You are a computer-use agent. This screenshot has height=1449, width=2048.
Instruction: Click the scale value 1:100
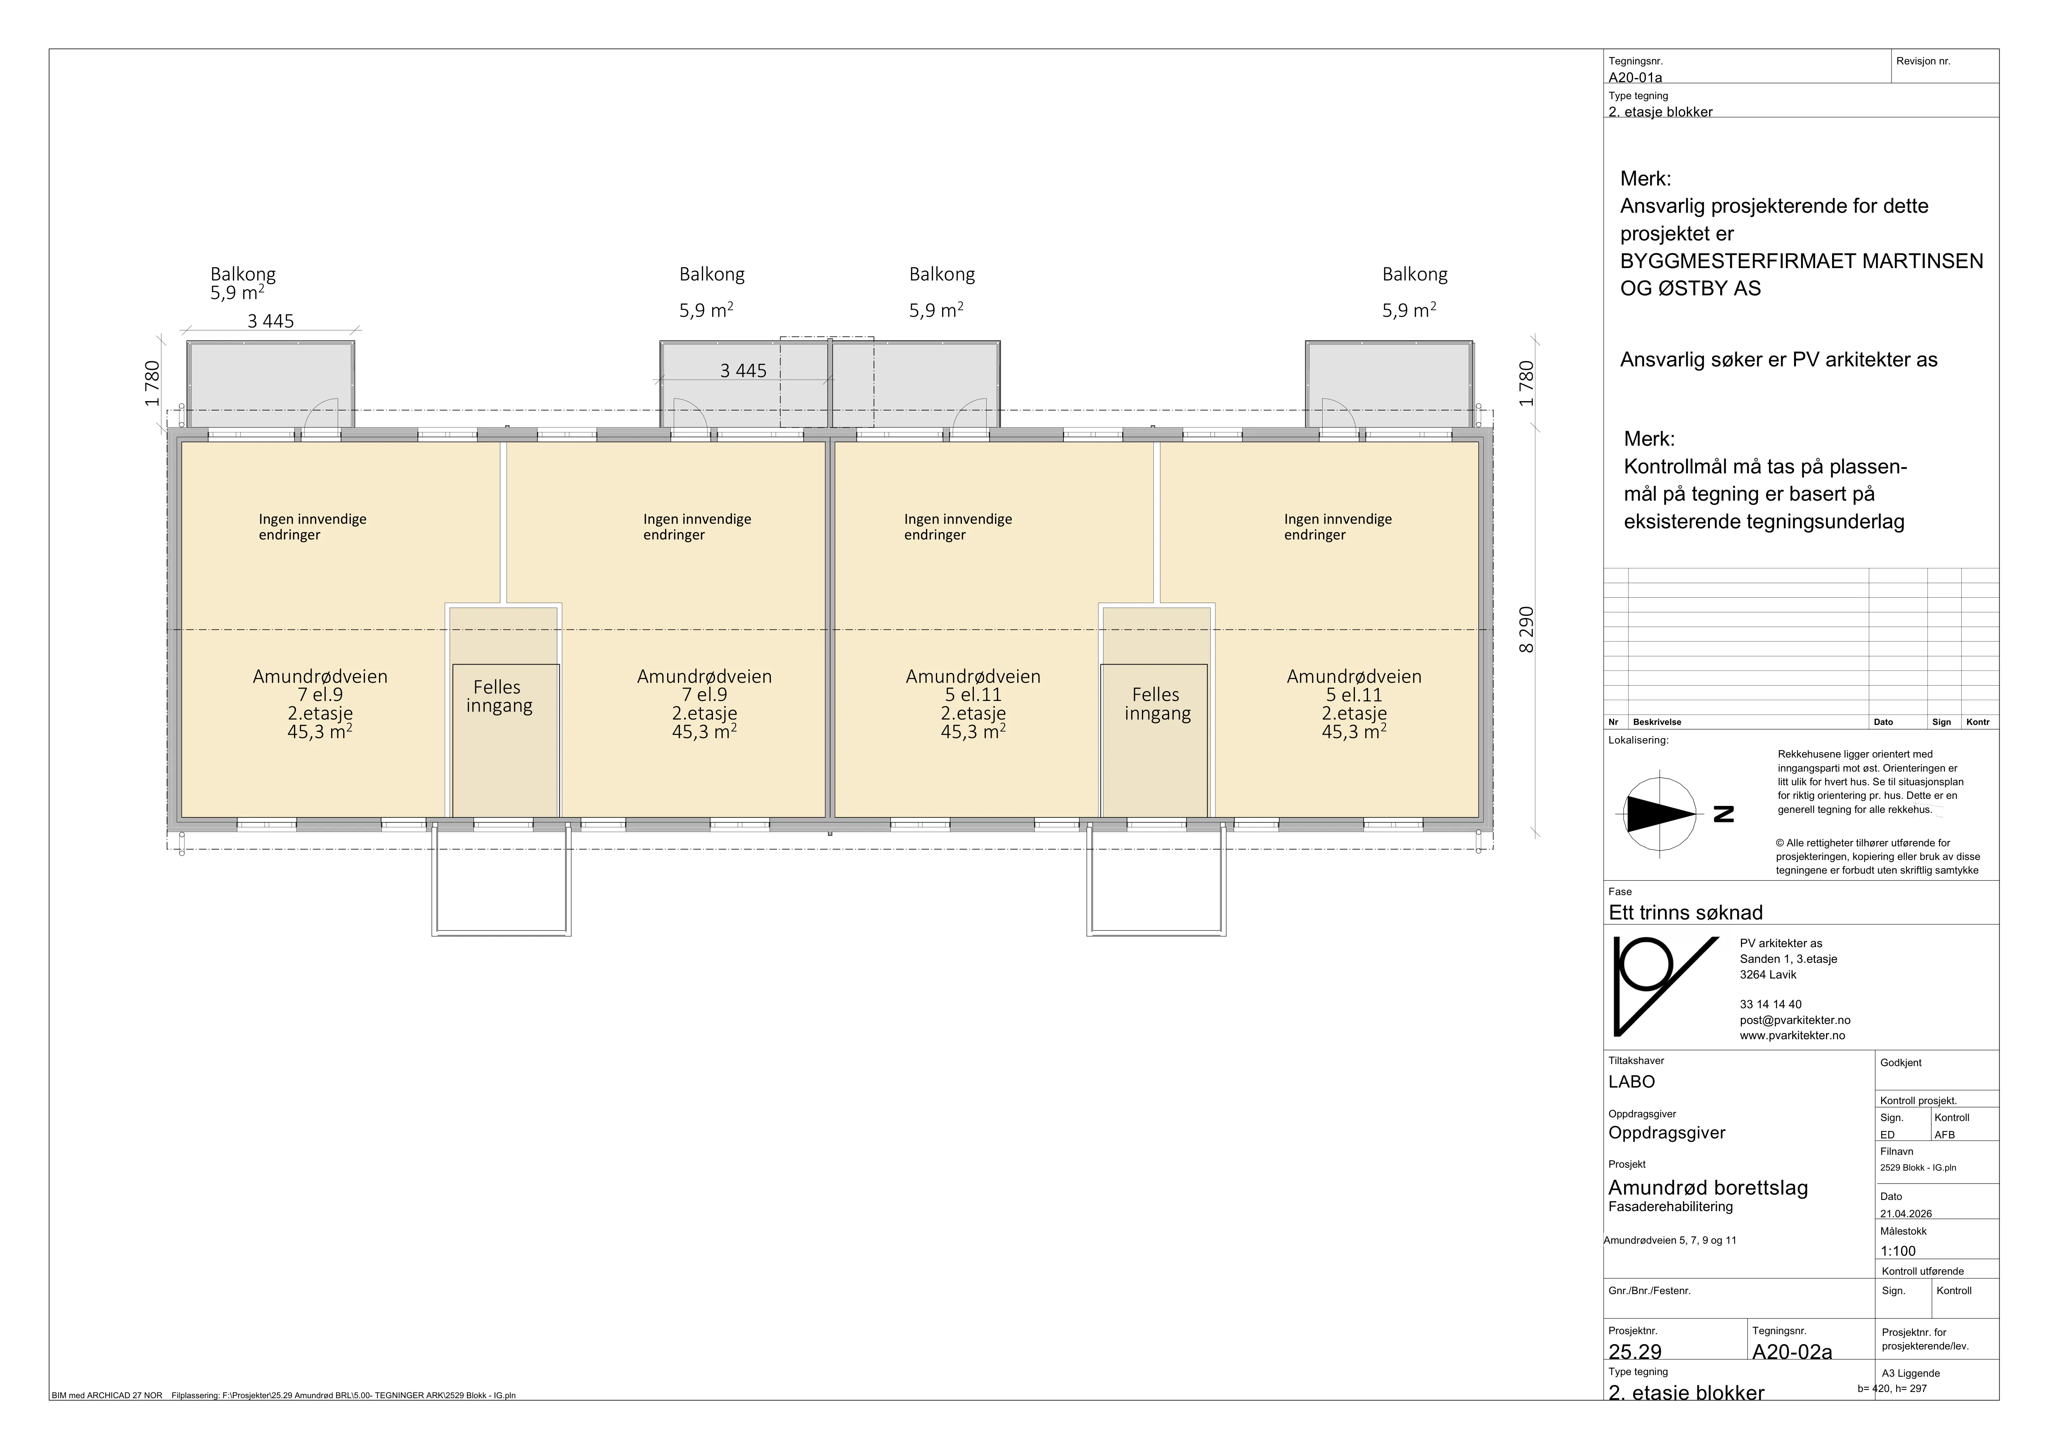(1898, 1251)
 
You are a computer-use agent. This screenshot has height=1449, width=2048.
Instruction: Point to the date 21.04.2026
(1906, 1214)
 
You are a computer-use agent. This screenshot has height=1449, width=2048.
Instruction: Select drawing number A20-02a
(1792, 1352)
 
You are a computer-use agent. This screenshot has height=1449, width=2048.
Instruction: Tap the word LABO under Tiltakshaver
(1631, 1081)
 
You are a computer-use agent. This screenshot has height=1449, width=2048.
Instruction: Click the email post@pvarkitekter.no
(1795, 1020)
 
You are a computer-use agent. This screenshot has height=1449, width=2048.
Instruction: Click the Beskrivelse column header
(1656, 722)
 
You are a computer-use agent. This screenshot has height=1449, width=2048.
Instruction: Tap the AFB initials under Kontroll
(1944, 1135)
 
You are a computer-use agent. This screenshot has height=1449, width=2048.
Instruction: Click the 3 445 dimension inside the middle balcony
(743, 370)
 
